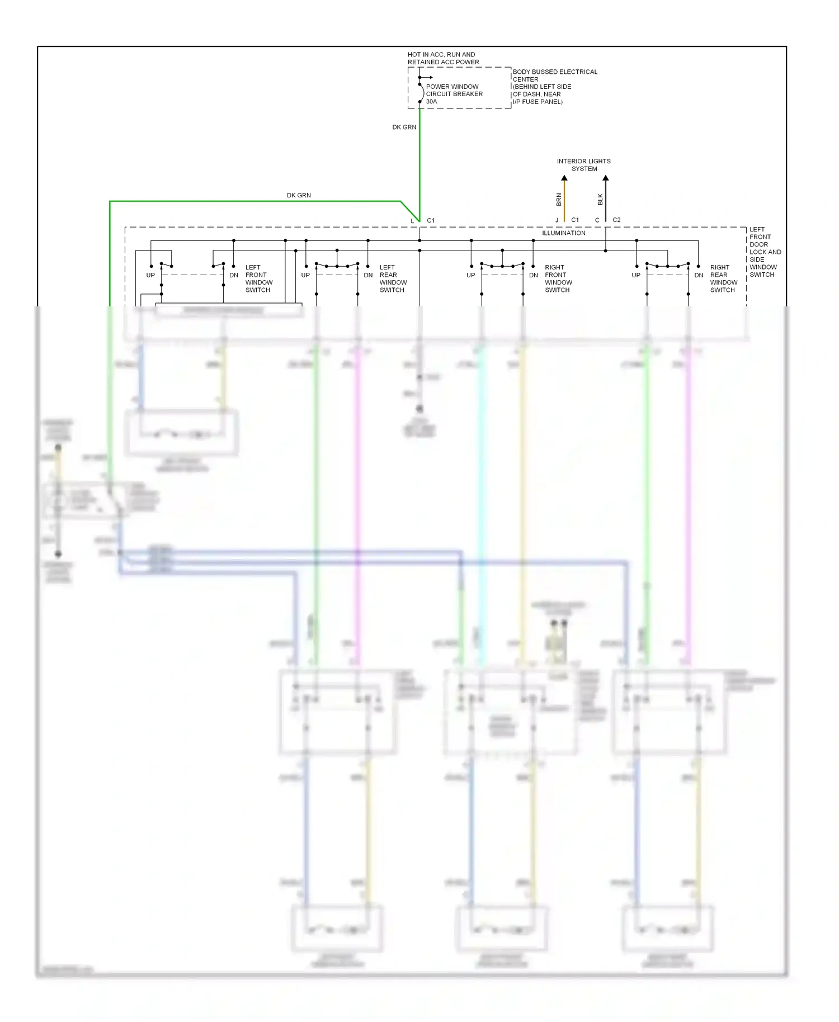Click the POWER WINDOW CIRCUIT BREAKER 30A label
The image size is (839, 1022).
click(x=454, y=94)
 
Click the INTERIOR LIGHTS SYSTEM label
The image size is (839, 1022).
click(x=583, y=165)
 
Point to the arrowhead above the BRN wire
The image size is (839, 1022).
click(x=564, y=178)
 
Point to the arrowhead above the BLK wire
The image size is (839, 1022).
click(x=605, y=178)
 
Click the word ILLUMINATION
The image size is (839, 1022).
click(x=563, y=233)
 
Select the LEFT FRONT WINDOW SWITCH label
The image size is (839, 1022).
click(x=258, y=278)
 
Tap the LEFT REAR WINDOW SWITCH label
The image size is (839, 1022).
click(x=393, y=278)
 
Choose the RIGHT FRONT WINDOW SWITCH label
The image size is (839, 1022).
click(x=558, y=278)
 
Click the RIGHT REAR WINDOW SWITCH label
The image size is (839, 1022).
click(x=723, y=278)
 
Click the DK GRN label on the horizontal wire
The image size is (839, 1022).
click(x=299, y=195)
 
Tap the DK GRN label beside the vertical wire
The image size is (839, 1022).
click(x=404, y=127)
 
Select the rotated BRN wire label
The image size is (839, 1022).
click(x=558, y=199)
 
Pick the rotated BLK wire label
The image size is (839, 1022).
click(x=600, y=199)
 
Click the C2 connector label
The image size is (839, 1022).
click(x=616, y=220)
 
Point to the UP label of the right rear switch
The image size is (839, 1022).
click(x=636, y=275)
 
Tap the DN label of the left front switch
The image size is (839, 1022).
click(x=234, y=275)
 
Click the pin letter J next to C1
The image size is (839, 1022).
click(x=557, y=220)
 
